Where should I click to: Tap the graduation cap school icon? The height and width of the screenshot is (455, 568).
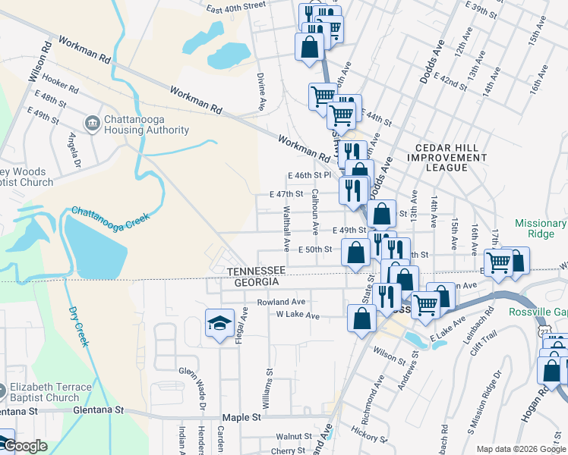click(x=219, y=325)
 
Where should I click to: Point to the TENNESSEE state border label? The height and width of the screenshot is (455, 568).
click(x=256, y=271)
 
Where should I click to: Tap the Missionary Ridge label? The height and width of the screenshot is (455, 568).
click(x=540, y=229)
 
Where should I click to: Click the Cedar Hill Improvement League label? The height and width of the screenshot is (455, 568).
click(x=450, y=157)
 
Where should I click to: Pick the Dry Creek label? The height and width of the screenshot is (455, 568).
click(x=78, y=327)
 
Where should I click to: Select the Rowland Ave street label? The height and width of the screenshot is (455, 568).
click(x=280, y=301)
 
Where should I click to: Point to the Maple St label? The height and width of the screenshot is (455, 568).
click(x=241, y=417)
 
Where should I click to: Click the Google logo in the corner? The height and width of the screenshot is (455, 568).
click(x=25, y=446)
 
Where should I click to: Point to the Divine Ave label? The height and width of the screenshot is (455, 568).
click(x=261, y=90)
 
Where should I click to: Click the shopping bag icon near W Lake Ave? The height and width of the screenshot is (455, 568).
click(x=361, y=318)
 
